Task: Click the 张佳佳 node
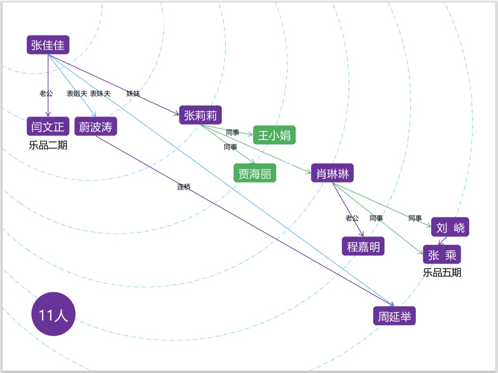click(x=48, y=45)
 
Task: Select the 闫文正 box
click(x=48, y=127)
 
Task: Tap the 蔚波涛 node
click(x=96, y=127)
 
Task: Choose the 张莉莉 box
click(x=201, y=115)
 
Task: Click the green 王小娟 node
click(x=274, y=135)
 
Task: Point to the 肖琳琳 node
click(x=332, y=173)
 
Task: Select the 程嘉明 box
click(x=363, y=246)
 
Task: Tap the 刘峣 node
click(x=450, y=228)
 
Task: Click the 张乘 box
click(x=442, y=255)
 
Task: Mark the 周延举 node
click(x=394, y=316)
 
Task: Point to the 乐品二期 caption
click(x=48, y=145)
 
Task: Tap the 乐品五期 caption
click(x=442, y=273)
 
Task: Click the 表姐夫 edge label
click(x=77, y=94)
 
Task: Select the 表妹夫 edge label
click(x=100, y=94)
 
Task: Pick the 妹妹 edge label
click(x=133, y=94)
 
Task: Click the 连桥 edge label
click(x=184, y=187)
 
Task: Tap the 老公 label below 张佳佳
click(x=46, y=94)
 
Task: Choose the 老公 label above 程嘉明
click(x=352, y=218)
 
